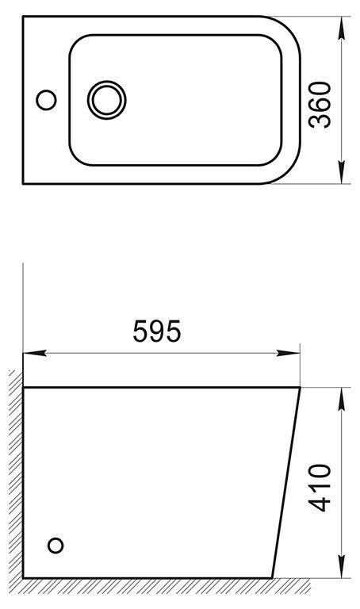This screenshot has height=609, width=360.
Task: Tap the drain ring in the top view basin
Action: pos(107,101)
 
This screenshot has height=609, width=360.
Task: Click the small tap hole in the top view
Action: pos(47,101)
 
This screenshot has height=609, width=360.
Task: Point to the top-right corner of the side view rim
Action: pos(300,388)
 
